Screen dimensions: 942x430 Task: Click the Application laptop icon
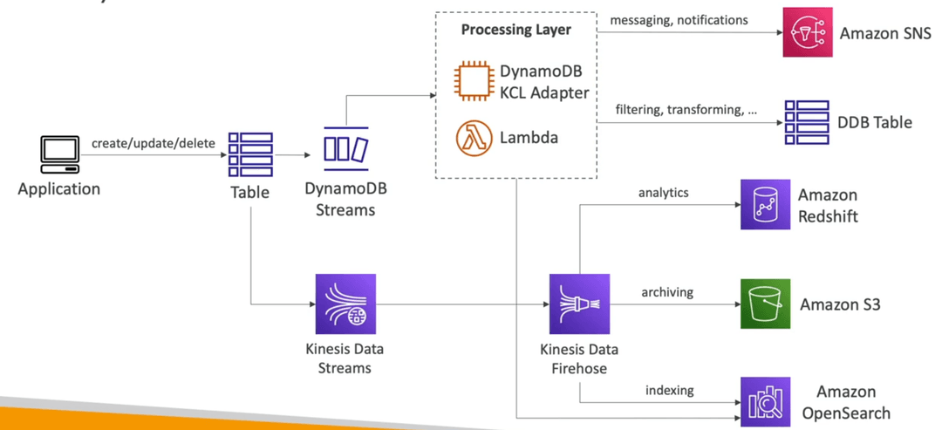coord(59,154)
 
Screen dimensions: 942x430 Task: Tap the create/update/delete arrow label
coord(154,144)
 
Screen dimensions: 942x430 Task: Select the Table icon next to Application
coord(250,154)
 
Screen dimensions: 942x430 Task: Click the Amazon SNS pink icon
coord(808,32)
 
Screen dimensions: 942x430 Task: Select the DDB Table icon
coord(807,122)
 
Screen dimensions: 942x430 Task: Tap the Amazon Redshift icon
coord(765,205)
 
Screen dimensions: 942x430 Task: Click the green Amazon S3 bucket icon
coord(765,304)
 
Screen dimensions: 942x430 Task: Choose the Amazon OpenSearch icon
coord(765,402)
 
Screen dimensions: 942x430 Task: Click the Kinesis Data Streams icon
coord(345,304)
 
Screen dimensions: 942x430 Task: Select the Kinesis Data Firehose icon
coord(579,304)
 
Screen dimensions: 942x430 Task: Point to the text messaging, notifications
coord(679,20)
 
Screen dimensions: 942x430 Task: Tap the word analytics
coord(663,193)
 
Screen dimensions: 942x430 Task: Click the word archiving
coord(667,292)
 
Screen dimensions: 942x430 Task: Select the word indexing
coord(669,391)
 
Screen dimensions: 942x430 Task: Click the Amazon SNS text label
coord(885,33)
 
